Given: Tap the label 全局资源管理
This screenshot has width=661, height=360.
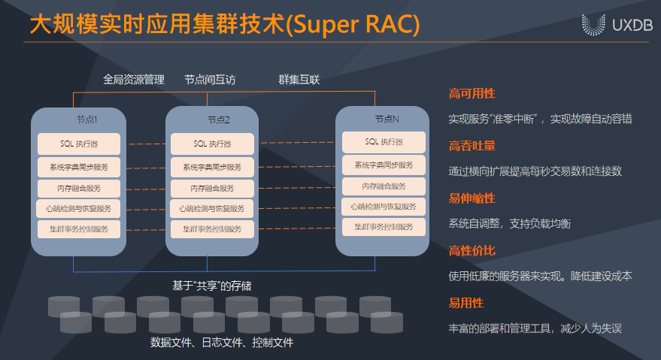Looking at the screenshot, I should point(134,79).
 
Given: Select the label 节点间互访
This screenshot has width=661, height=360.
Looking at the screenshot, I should point(210,79).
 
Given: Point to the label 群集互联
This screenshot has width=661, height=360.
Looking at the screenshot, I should point(299,79).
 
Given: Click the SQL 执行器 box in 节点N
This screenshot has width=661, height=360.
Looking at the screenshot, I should point(384,142).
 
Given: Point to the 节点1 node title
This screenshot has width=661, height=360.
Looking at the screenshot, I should point(86,119).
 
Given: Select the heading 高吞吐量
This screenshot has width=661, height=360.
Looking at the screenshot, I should point(471,146).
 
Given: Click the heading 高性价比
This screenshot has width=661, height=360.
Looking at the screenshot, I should point(471,250).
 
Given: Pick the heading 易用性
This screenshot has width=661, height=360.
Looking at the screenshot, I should point(466,303).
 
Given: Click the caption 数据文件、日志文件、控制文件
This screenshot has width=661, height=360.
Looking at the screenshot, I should point(221,343).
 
